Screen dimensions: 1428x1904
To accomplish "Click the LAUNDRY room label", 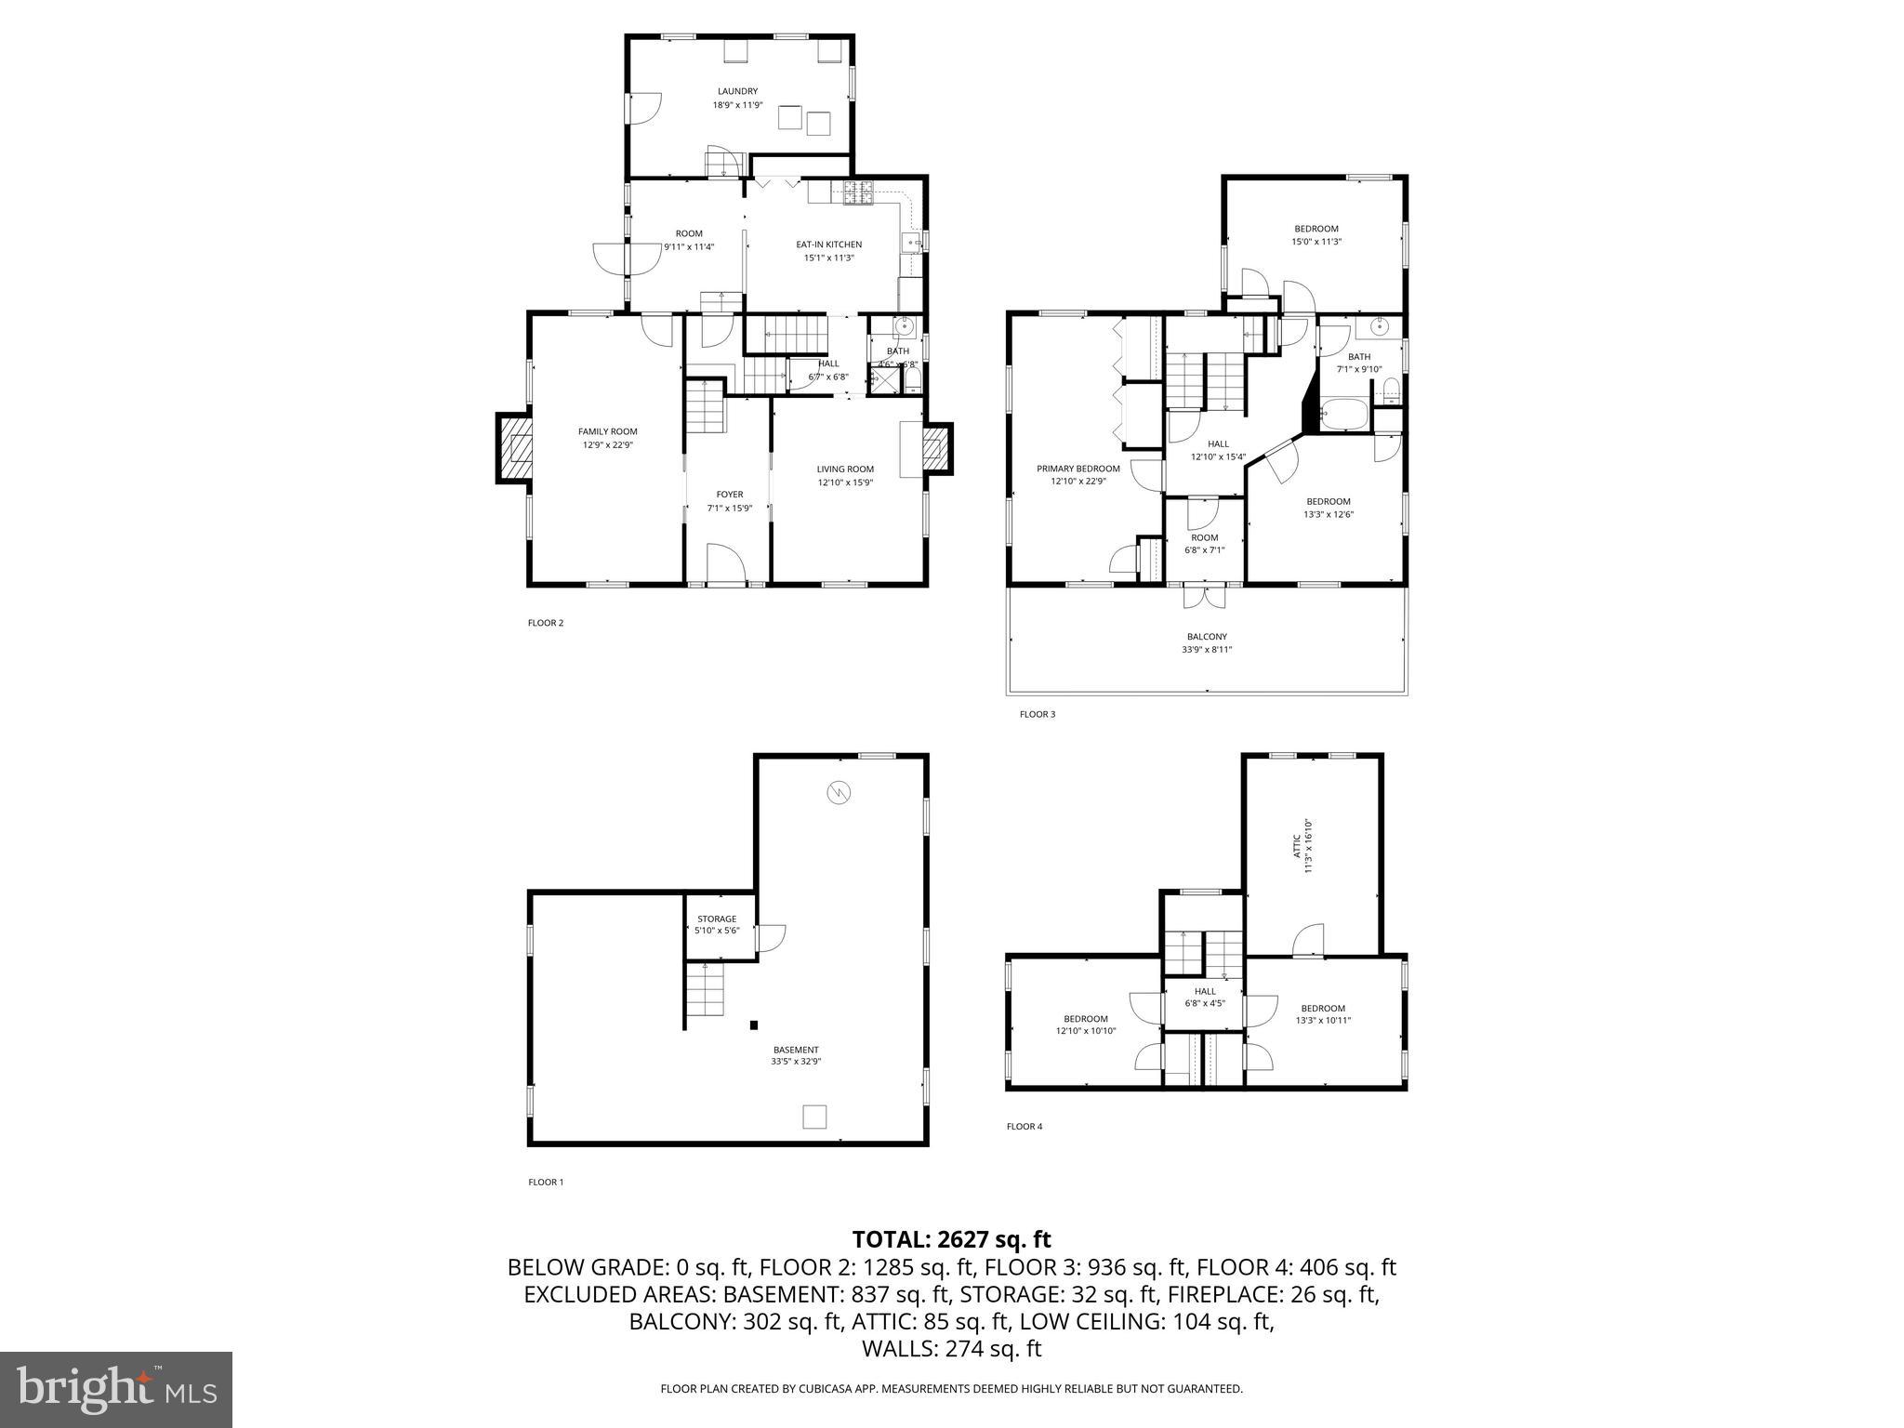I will tap(737, 91).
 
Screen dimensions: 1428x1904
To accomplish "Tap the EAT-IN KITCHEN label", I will tap(828, 245).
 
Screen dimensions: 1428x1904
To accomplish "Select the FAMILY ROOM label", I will tap(608, 431).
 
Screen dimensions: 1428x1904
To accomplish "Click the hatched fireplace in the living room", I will tap(936, 450).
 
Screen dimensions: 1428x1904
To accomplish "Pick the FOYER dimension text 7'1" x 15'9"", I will tap(730, 509).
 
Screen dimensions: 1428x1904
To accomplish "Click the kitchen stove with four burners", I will tap(859, 192).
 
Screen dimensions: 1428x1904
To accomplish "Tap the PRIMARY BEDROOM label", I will tap(1078, 469).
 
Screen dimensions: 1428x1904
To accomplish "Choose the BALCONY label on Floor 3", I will tap(1207, 637).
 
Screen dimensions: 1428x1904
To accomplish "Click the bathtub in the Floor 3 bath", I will tap(1344, 415).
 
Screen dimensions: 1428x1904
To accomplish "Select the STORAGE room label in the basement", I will tap(717, 919).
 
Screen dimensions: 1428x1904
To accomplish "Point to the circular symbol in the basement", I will tap(839, 792).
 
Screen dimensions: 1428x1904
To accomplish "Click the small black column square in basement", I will tap(754, 1025).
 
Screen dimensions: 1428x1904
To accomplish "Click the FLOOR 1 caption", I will tap(546, 1183).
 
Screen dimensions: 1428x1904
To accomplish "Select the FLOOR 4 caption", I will tap(1025, 1127).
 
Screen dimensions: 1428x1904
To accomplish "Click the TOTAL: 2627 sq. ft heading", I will tap(951, 1239).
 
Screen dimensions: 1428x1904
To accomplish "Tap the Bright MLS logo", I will tap(116, 1389).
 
